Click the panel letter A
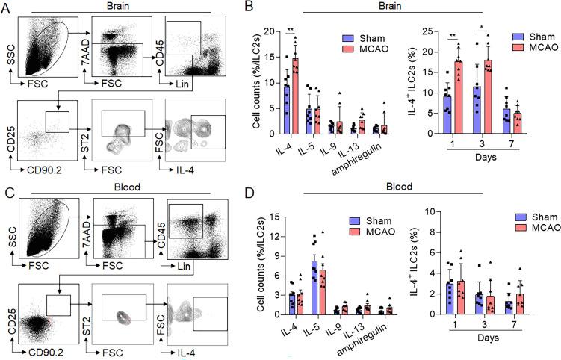7,7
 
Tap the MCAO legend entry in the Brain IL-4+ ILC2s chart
537,48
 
